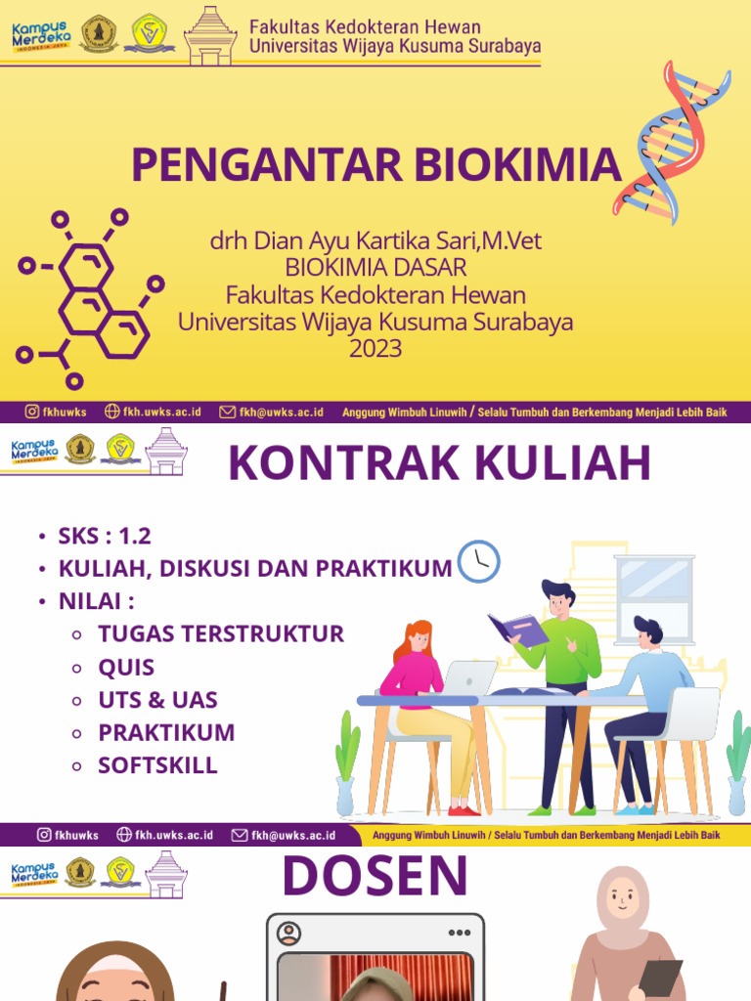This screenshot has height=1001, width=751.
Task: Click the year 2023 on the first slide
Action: coord(375,349)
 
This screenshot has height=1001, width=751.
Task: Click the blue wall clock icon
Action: coord(478,561)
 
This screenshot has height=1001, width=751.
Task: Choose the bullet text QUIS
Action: coord(126,668)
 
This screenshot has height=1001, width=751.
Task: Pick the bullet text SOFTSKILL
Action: coord(157,764)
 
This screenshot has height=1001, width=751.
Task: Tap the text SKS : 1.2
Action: coord(105,537)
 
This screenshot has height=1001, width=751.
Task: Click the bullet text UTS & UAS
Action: coord(157,700)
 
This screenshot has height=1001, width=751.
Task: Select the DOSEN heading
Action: coord(375,876)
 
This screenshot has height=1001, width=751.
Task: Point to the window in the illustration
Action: coord(654,596)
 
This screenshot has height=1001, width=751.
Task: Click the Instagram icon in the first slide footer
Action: coord(31,413)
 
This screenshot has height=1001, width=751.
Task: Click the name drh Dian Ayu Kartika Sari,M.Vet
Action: coord(375,240)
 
